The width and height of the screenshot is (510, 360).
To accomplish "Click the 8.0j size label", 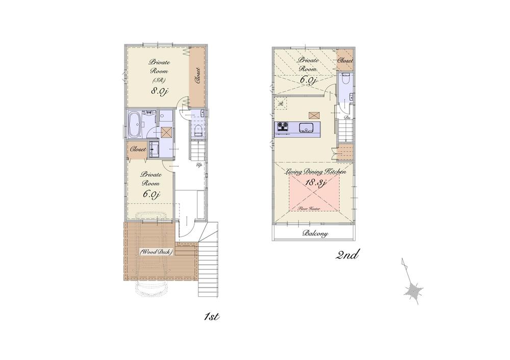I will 159,92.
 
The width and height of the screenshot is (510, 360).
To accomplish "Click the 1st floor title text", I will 211,317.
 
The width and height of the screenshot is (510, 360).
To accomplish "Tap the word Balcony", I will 315,234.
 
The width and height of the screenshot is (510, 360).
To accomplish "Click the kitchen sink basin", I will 307,127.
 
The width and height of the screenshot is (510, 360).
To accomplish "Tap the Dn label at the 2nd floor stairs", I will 347,118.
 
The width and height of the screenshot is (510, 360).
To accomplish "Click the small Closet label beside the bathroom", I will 138,150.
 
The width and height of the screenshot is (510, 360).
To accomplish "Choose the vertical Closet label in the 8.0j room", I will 197,75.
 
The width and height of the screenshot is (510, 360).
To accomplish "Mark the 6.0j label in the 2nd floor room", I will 309,80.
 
